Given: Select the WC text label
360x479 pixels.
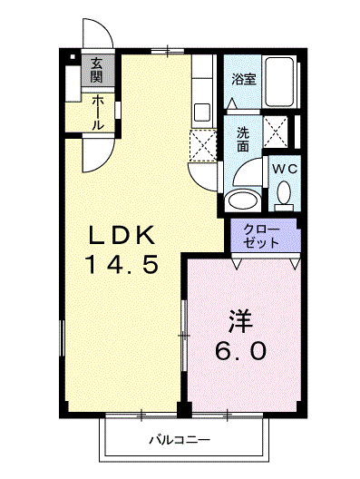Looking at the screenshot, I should pyautogui.click(x=285, y=169).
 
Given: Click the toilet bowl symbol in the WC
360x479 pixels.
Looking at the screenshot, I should pyautogui.click(x=285, y=192).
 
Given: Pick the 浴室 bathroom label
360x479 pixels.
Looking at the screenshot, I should pyautogui.click(x=243, y=79).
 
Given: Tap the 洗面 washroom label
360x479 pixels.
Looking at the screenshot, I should pyautogui.click(x=243, y=138).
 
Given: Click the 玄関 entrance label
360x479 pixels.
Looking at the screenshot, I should pyautogui.click(x=95, y=70).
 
